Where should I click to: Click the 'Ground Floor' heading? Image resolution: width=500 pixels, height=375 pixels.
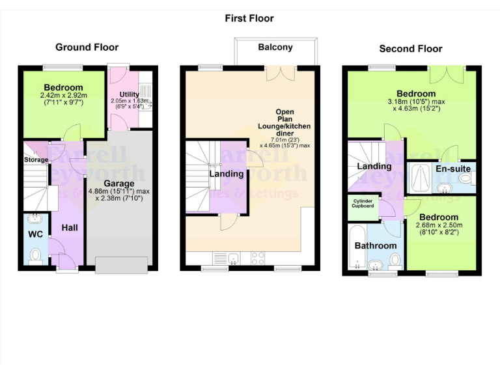point(87,47)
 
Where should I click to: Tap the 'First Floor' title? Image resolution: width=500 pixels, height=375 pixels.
point(249,18)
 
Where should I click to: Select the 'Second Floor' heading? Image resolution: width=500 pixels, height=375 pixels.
point(410,49)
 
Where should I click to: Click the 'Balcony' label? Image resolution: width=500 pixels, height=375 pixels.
point(275,47)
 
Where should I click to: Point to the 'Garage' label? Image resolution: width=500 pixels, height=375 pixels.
point(120,184)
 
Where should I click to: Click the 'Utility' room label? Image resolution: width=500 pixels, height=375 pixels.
point(129,94)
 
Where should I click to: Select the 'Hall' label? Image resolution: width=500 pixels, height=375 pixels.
point(70,228)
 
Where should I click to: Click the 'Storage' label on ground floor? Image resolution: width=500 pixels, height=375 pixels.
point(36,160)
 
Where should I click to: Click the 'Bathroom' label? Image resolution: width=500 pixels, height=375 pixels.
point(376,245)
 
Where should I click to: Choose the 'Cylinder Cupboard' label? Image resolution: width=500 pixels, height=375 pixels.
point(363,204)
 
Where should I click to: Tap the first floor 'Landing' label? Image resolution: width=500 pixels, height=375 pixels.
point(226,174)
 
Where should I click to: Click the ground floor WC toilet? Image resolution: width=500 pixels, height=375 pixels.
point(35,255)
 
